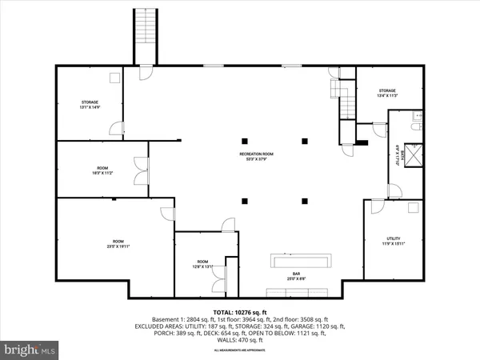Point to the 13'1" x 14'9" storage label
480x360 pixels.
pos(89,105)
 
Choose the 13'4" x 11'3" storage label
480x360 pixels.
pos(387,94)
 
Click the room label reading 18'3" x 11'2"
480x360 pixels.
pos(102,170)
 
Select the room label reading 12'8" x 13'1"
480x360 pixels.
pos(202,264)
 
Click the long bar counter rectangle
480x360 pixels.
pos(302,262)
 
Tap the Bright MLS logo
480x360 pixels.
pos(30,350)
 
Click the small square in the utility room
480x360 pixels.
pos(411,209)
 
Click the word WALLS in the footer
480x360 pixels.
pos(222,342)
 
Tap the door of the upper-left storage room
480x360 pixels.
pos(118,129)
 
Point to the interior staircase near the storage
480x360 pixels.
pos(346,102)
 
